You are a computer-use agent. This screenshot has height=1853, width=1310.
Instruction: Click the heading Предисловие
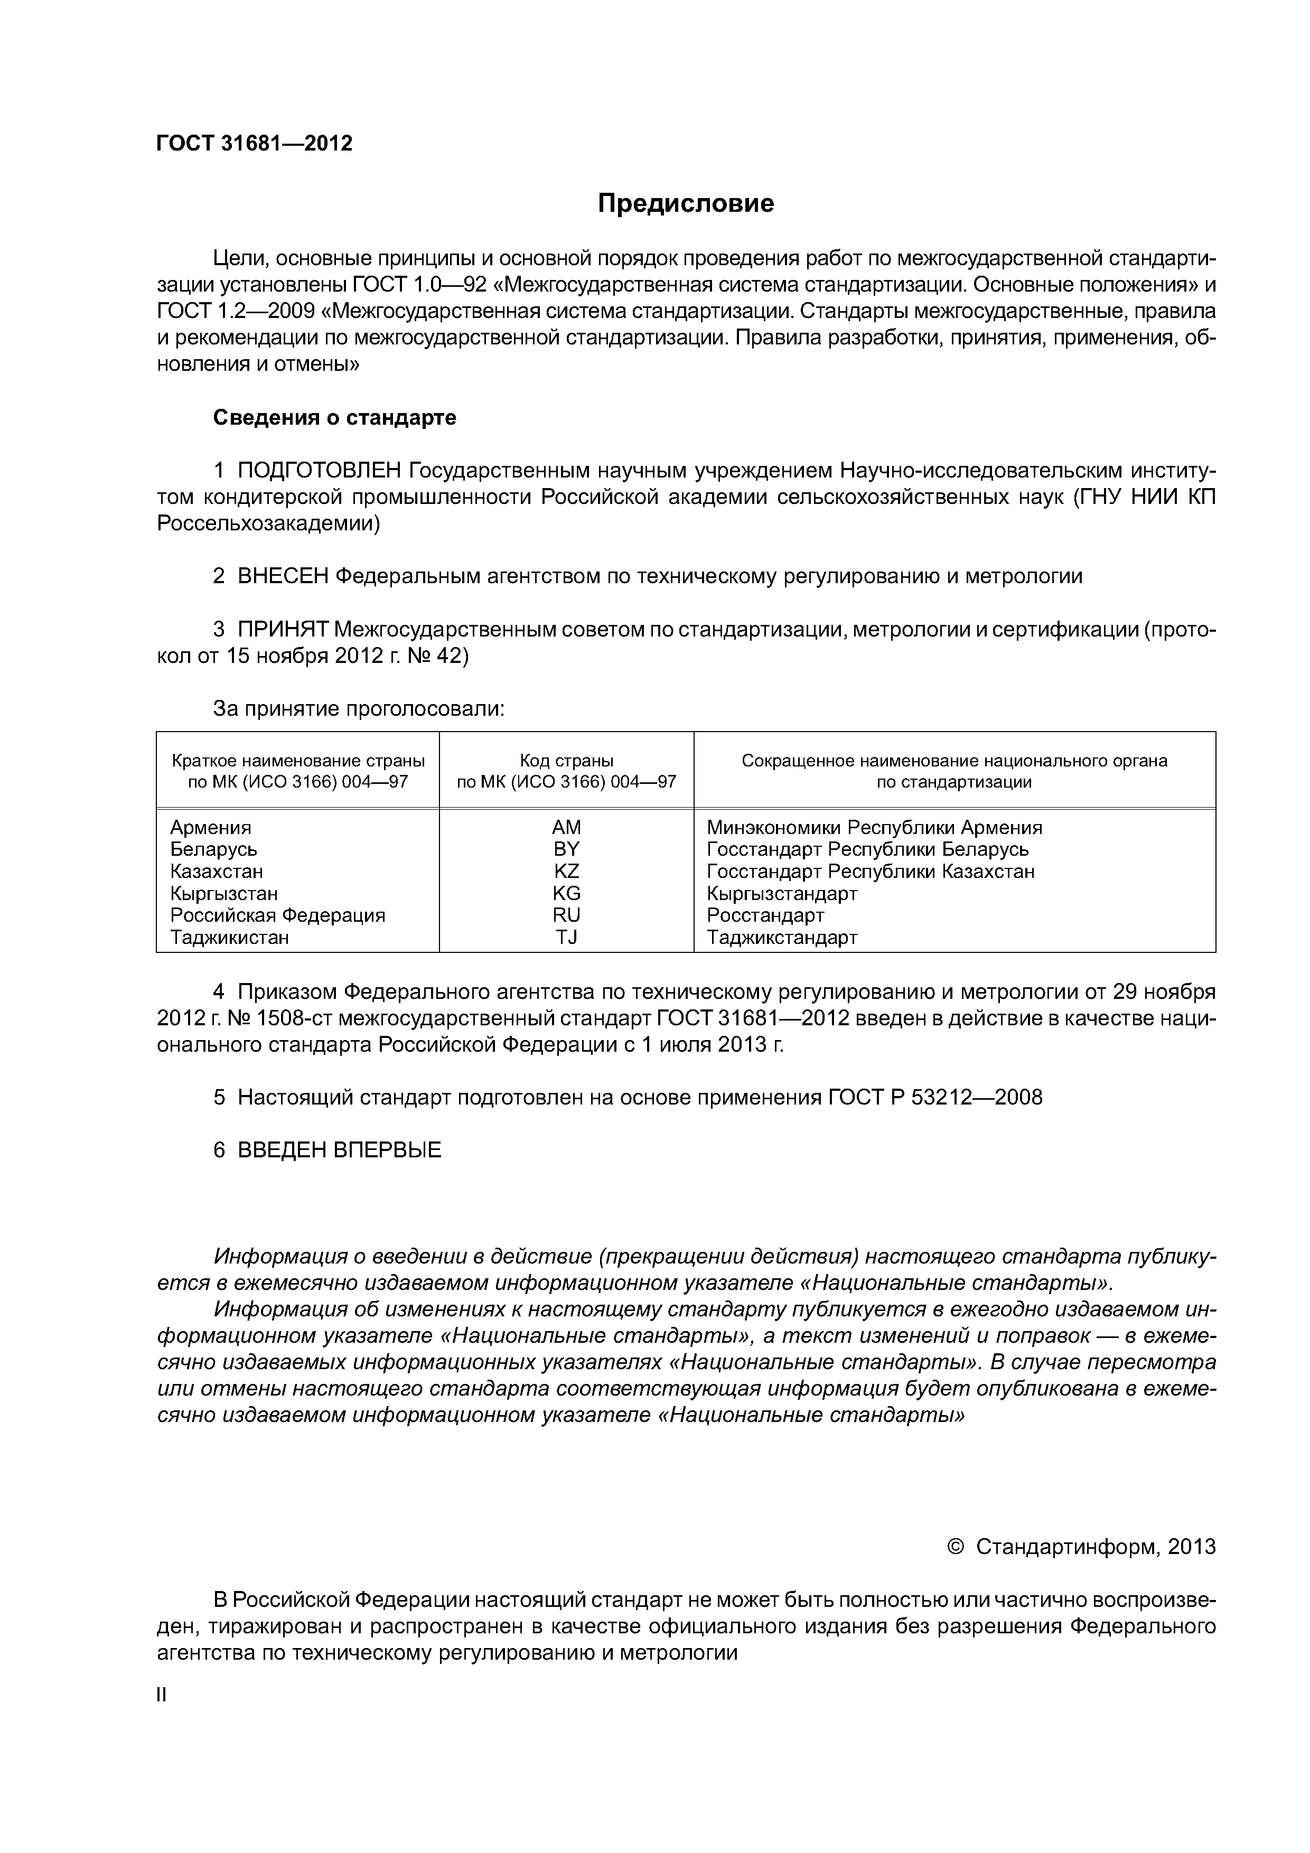pyautogui.click(x=685, y=203)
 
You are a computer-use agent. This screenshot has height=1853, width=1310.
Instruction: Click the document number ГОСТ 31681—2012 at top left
pyautogui.click(x=254, y=144)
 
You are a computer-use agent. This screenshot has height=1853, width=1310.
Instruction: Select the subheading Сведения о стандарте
pyautogui.click(x=334, y=417)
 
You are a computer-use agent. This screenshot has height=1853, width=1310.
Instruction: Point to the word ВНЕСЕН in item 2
pyautogui.click(x=283, y=576)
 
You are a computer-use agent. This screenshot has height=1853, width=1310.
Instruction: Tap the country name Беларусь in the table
pyautogui.click(x=213, y=849)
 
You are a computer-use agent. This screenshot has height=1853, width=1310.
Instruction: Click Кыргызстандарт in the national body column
pyautogui.click(x=781, y=893)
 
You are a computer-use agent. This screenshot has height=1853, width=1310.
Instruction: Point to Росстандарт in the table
pyautogui.click(x=765, y=915)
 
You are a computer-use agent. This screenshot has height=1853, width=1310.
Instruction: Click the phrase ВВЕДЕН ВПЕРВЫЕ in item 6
pyautogui.click(x=339, y=1150)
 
